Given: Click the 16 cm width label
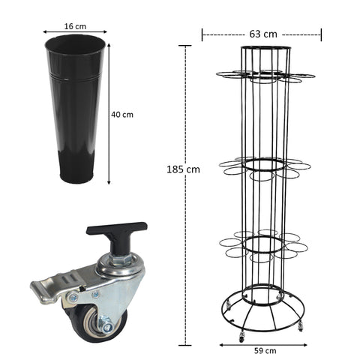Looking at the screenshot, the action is pos(75,26).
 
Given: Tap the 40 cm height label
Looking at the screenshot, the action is pos(122,115).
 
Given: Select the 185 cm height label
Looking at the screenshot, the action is pos(183,169).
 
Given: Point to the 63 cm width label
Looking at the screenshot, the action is pos(263,34).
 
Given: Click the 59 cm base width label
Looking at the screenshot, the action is pos(265,351).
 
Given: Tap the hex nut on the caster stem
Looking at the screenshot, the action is pos(121,259).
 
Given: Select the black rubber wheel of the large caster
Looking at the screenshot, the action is pos(96,325).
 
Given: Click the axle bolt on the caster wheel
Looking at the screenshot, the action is pos(106,326).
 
